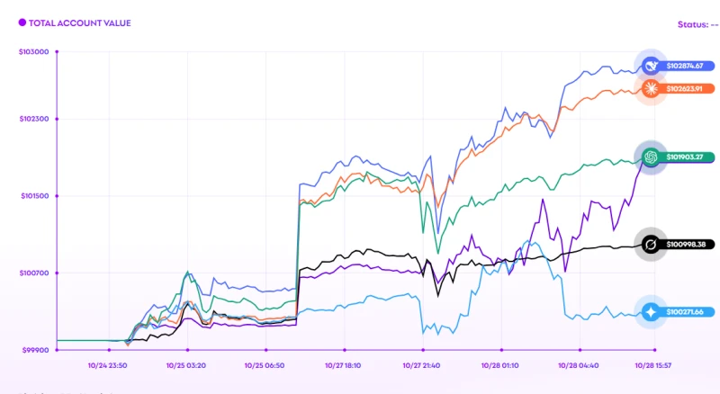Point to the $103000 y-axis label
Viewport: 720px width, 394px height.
click(33, 52)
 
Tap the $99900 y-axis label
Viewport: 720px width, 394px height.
click(35, 350)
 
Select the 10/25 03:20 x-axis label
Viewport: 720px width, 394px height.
click(187, 366)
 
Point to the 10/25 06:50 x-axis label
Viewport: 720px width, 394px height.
click(265, 366)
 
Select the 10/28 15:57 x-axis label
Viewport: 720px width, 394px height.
click(655, 366)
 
